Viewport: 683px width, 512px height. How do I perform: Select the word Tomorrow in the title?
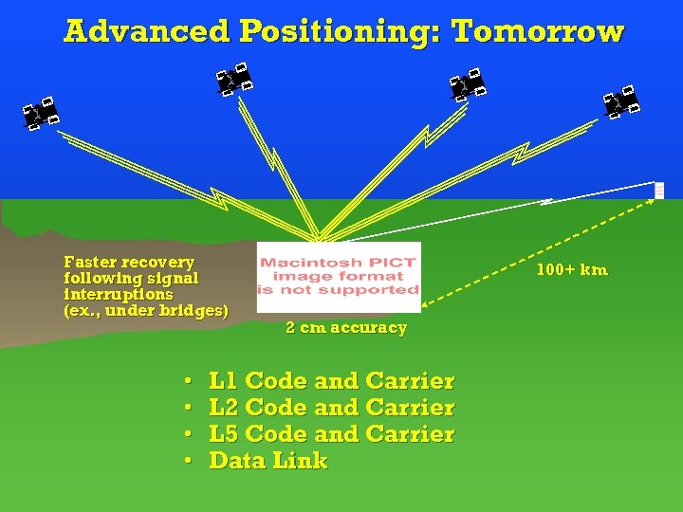538,31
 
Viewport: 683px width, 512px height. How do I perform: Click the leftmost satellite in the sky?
41,113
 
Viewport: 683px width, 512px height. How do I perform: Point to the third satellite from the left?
468,84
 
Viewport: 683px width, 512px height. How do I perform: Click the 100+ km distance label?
571,270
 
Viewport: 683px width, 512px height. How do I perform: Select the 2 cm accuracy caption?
346,328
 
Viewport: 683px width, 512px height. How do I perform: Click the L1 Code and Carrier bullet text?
331,381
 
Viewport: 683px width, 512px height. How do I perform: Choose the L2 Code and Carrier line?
331,408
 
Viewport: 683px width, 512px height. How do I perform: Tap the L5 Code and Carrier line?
331,434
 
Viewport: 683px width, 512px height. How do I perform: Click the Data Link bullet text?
268,461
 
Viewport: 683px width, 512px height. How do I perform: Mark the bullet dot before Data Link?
188,461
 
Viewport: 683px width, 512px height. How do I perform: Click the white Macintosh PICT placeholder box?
339,277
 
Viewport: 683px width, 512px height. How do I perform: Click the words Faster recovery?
128,262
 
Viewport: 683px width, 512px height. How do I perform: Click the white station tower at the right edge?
659,190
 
